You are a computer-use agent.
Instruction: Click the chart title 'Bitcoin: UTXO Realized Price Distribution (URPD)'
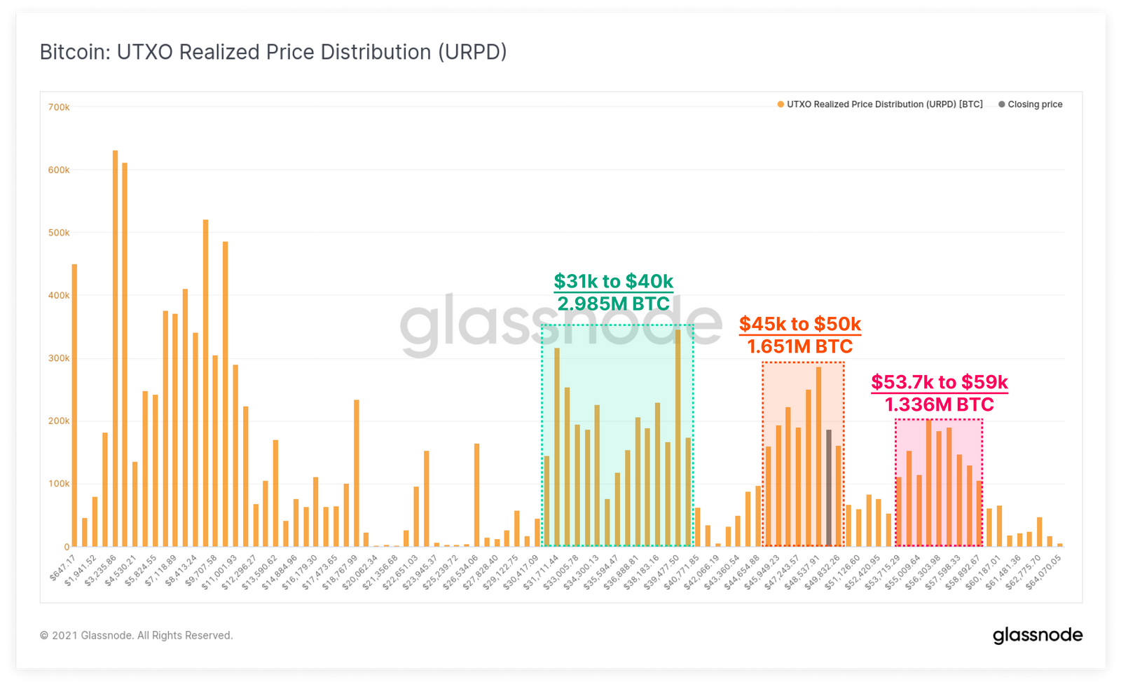click(273, 53)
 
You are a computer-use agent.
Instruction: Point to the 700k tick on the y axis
click(59, 107)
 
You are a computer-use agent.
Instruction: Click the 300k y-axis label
click(59, 358)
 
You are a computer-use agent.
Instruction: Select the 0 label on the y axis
click(67, 547)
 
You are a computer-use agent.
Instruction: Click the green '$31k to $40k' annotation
click(613, 281)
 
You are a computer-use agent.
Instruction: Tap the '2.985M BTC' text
click(613, 304)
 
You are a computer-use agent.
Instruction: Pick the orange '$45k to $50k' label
click(800, 324)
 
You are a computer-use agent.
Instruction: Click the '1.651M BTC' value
click(800, 346)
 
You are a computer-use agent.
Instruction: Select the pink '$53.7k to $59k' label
click(940, 382)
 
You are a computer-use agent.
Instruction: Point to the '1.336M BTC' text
click(940, 404)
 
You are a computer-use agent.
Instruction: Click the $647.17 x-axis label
click(63, 566)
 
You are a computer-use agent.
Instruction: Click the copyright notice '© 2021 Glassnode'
click(136, 635)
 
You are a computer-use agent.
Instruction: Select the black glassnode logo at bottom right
click(1038, 635)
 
